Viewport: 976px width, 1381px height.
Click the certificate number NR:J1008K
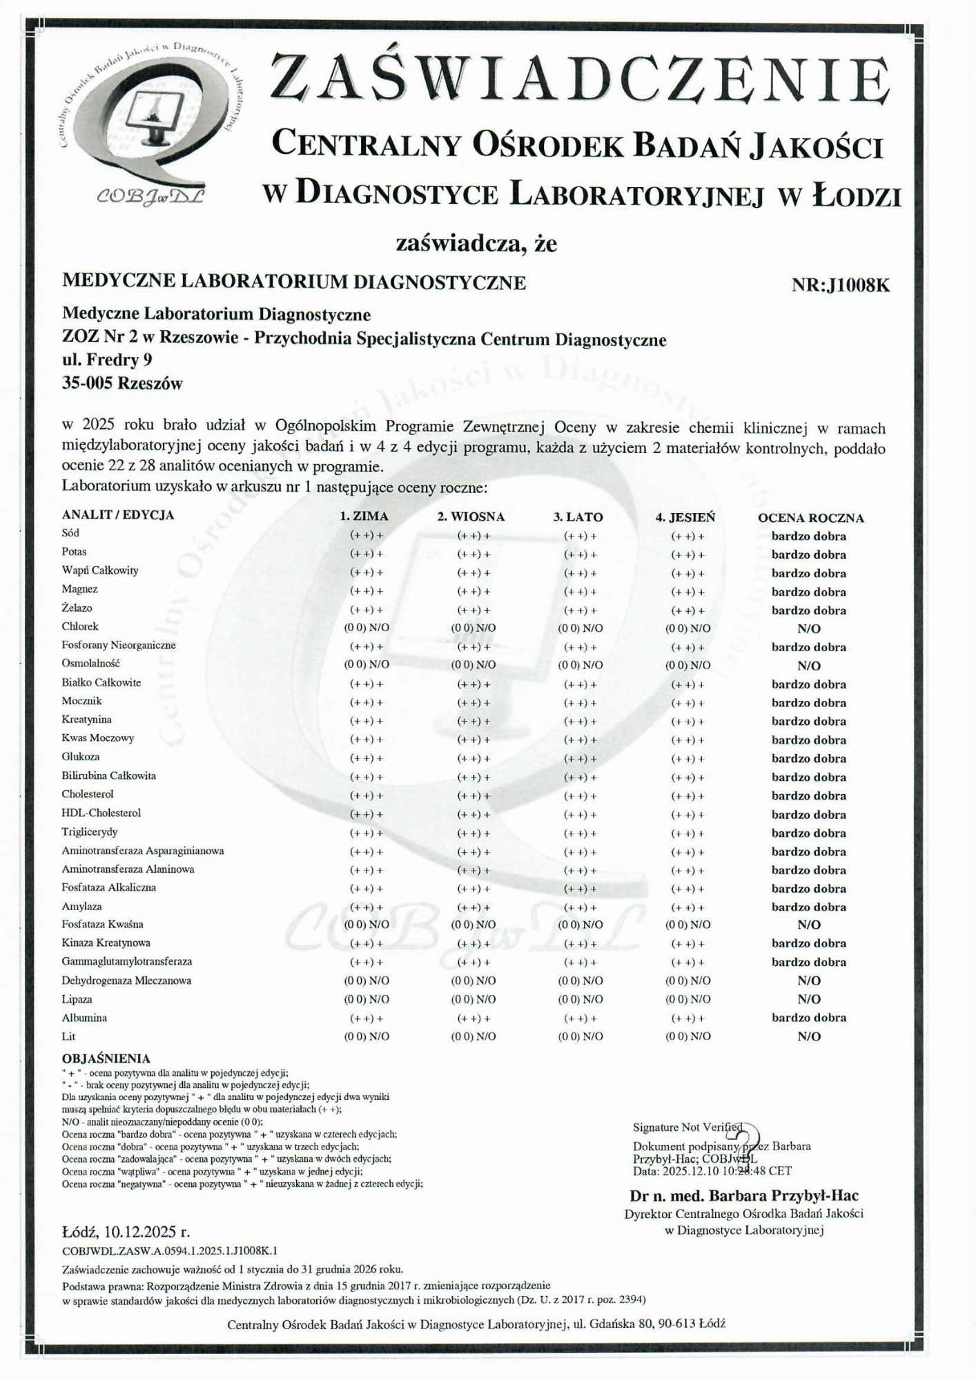840,285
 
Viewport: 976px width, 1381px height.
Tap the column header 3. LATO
578,517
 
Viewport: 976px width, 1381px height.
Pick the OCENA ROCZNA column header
810,518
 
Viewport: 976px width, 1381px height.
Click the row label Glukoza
81,757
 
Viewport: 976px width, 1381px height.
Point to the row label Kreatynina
86,720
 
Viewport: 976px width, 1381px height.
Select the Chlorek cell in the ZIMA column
367,628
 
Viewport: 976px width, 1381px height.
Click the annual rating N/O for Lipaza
809,999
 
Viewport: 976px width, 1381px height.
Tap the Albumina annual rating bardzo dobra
809,1018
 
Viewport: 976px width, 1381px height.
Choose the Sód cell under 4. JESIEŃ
687,536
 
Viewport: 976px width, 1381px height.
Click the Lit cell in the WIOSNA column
474,1036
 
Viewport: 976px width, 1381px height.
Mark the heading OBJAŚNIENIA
106,1059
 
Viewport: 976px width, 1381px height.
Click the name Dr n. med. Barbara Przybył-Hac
744,1195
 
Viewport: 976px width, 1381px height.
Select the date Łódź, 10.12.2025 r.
126,1232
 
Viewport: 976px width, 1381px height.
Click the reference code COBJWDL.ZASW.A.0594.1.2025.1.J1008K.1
170,1250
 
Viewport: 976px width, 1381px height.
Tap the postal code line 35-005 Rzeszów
122,384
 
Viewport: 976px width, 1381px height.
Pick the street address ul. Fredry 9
107,360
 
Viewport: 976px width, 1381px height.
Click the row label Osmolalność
91,664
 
